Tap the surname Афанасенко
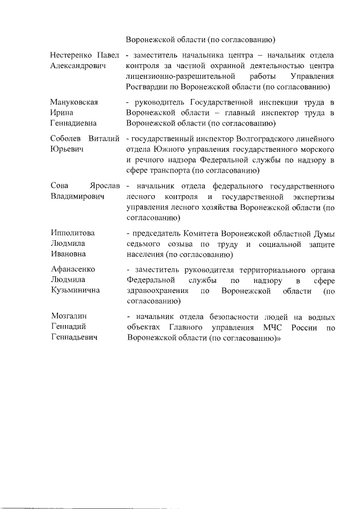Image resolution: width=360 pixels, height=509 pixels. (x=74, y=269)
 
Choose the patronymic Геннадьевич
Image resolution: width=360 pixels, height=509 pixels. (x=73, y=338)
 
